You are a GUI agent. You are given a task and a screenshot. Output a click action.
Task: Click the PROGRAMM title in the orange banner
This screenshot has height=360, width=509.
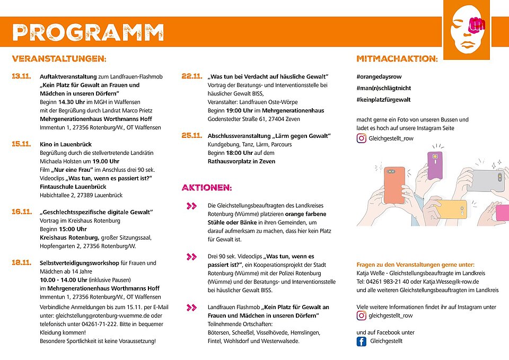coord(88,33)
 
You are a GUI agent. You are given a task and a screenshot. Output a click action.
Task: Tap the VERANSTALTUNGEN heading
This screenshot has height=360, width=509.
coord(59,58)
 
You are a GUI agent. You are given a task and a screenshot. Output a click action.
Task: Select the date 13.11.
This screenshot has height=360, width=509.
coord(22,77)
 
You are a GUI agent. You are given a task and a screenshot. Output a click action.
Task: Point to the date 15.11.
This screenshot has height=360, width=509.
coord(22,144)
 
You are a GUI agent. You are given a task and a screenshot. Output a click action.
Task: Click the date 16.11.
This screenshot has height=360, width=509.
coord(22,212)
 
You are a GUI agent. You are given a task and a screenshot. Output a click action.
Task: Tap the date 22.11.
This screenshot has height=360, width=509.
coord(192,76)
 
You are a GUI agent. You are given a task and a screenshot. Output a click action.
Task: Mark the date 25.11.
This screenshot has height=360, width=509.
coord(192,136)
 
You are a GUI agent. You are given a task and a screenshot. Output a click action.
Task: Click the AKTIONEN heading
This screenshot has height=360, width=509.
coord(207,188)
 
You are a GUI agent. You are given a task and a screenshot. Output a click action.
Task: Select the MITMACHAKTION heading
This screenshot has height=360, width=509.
coord(397,58)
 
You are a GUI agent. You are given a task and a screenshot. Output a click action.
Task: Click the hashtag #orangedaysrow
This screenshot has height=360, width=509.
coord(379,77)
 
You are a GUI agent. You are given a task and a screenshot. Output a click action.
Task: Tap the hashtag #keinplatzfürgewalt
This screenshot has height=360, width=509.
coord(383,100)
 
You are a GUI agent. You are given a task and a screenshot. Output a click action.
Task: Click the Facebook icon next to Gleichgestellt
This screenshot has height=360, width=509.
coord(362,341)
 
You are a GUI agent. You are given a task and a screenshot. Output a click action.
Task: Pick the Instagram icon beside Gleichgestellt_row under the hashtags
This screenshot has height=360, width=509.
coord(362,139)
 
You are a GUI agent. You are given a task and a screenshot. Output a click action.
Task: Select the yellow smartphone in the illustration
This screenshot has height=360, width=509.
coord(451,209)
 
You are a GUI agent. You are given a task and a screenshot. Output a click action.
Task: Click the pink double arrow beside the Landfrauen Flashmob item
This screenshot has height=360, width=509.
coord(192,308)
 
